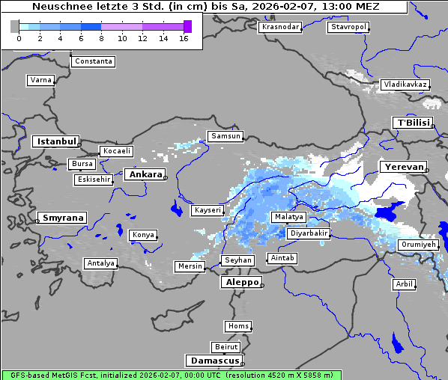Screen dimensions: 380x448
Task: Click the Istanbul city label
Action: coord(55,141)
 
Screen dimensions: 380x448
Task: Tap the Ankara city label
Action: coord(145,174)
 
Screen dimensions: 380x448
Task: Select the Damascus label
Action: coord(213,361)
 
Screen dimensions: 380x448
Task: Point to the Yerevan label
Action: coord(402,167)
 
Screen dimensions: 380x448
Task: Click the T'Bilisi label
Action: coord(412,123)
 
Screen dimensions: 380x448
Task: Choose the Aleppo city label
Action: coord(240,283)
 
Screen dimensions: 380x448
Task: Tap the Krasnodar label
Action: coord(280,27)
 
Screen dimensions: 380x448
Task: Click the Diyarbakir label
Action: coord(308,233)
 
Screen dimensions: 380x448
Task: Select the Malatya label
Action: coord(289,217)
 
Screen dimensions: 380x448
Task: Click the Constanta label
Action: coord(94,61)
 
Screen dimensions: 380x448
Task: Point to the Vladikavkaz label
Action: coord(405,85)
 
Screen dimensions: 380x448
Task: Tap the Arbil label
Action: coord(404,284)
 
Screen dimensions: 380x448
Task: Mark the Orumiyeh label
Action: coord(418,245)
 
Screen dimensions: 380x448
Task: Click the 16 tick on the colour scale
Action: coord(184,37)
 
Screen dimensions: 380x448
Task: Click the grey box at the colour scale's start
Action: coord(14,26)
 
